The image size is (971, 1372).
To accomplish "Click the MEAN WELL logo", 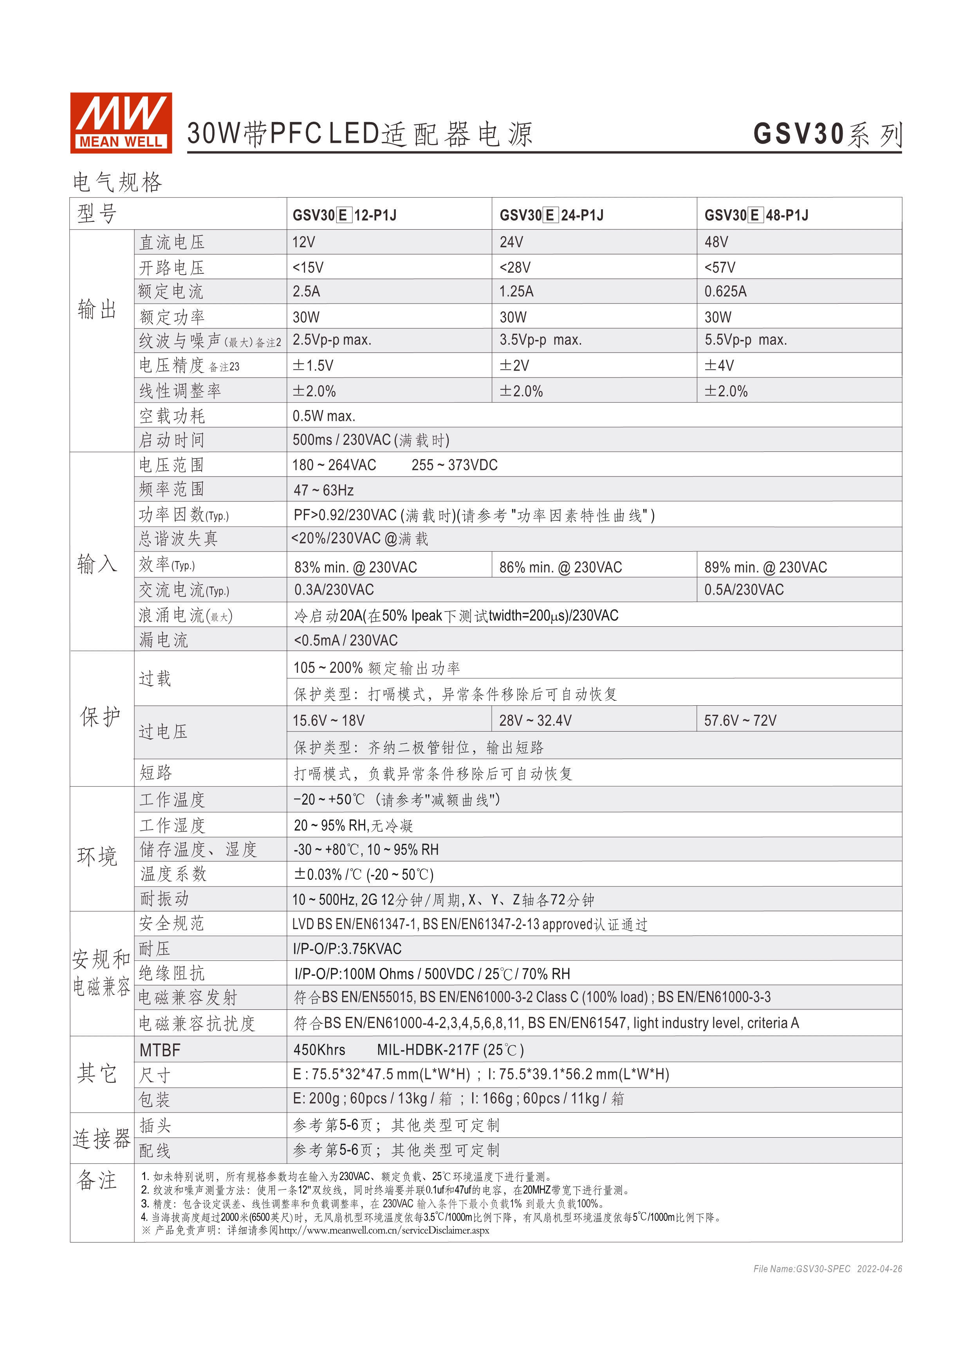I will point(121,122).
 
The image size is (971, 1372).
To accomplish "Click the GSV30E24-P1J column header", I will point(551,215).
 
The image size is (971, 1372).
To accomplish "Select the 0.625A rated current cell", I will point(725,291).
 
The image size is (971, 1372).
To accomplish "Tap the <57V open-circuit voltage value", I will point(720,267).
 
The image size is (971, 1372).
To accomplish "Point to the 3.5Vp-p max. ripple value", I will point(540,340).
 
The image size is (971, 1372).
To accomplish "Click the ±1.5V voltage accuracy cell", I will point(313,365).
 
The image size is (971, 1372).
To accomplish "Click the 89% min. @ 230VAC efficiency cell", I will point(765,567).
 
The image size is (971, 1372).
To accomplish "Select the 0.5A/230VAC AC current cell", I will point(744,590).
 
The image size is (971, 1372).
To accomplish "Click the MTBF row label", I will point(160,1050).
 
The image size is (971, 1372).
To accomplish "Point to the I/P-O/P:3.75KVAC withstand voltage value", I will point(347,949).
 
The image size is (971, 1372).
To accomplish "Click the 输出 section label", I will point(97,309).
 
